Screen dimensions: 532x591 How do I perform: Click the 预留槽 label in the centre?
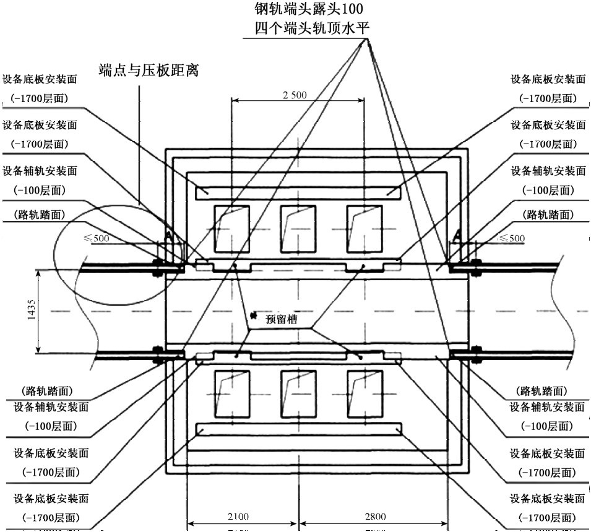point(282,320)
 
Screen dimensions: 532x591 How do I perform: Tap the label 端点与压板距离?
point(149,70)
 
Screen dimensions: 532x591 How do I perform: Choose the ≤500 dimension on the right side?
point(512,238)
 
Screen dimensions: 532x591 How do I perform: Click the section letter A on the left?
point(168,234)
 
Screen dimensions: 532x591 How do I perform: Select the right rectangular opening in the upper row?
point(364,226)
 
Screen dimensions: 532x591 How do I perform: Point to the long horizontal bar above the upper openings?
point(298,192)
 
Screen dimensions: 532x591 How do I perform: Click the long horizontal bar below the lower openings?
point(298,429)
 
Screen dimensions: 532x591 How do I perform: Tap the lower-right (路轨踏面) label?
point(541,391)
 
